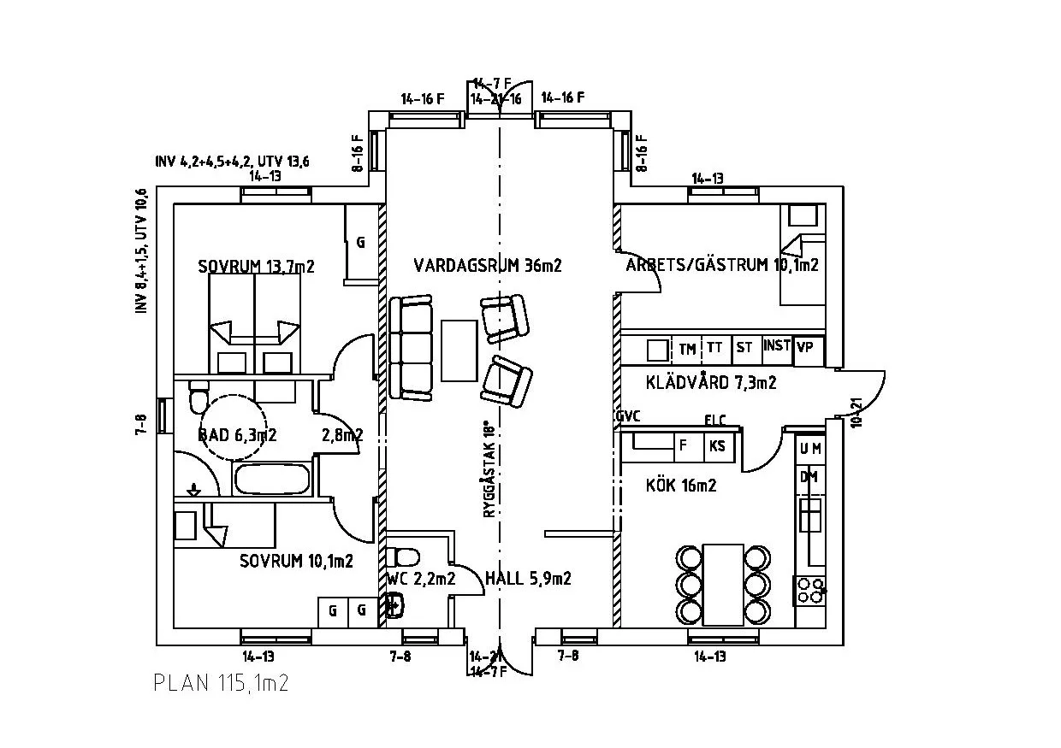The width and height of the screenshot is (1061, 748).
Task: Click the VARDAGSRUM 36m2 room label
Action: coord(487,265)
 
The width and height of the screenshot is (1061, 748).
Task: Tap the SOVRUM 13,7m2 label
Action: coord(256,267)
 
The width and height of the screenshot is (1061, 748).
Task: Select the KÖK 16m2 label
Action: coord(680,486)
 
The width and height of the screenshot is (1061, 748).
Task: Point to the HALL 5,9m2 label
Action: coord(528,579)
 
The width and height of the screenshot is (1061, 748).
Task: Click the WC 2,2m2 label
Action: coord(420,579)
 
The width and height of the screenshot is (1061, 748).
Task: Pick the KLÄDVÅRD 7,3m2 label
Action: coord(711,383)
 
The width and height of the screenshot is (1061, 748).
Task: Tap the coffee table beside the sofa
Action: coord(459,350)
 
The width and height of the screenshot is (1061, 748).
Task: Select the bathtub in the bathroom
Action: coord(272,480)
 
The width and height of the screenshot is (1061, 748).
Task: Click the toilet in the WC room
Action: coord(403,557)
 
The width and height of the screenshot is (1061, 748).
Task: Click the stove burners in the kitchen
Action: coord(809,590)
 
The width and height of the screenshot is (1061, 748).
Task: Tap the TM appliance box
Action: coord(687,349)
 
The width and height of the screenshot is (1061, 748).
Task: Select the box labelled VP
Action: coord(804,348)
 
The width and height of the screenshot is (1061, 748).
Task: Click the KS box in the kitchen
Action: coord(716,445)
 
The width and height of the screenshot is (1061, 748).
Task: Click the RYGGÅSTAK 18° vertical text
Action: coord(489,469)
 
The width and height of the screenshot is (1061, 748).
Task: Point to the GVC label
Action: coord(627,416)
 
